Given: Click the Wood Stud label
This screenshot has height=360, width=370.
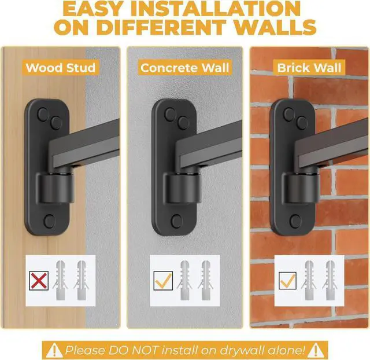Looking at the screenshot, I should (60, 67).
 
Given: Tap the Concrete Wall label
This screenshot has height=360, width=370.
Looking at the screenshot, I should (185, 67).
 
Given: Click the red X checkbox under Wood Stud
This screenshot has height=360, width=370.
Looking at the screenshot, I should (39, 282).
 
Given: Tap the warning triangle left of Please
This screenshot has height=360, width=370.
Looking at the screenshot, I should (53, 350).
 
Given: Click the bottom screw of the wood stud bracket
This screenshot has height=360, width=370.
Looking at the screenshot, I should (49, 221).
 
